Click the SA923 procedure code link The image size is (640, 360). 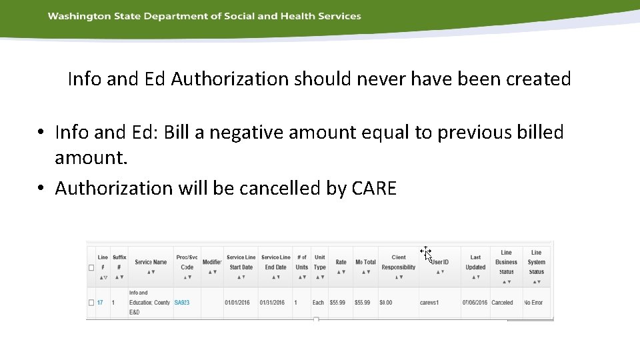182,303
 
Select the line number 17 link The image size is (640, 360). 100,303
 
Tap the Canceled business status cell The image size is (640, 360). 502,303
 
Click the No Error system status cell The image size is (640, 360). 533,303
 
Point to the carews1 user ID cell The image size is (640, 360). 429,303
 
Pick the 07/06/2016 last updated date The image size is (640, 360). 475,303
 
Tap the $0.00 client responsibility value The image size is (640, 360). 386,303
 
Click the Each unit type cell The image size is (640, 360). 318,303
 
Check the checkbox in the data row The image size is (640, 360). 91,303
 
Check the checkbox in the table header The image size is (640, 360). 91,267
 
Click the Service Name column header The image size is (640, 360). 151,262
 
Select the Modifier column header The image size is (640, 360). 212,262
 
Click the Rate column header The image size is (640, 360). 341,262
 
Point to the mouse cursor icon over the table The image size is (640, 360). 427,253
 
